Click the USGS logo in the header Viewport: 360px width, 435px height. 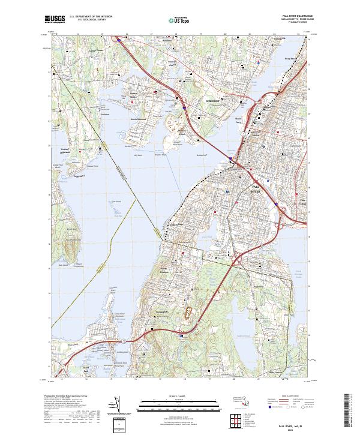53,19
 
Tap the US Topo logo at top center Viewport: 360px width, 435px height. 179,20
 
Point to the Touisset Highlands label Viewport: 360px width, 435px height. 70,150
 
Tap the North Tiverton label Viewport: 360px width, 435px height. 166,269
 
